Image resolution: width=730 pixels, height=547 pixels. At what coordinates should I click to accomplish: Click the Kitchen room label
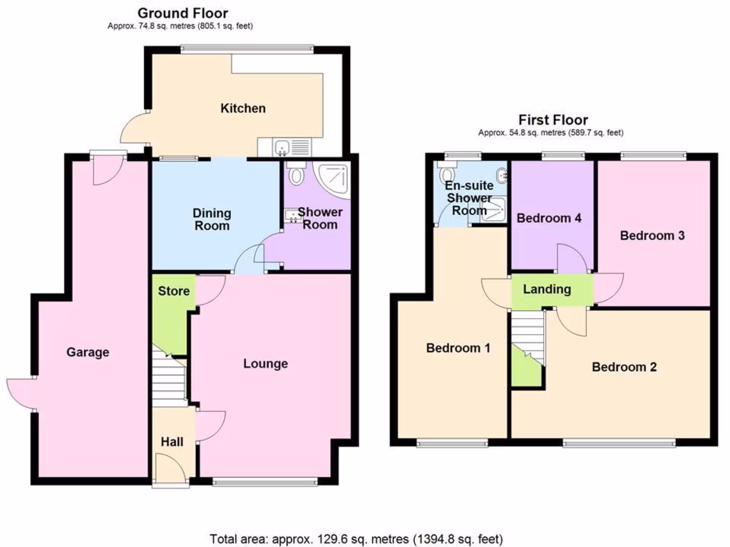coord(242,108)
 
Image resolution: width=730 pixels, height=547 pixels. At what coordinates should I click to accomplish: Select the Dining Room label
coord(212,219)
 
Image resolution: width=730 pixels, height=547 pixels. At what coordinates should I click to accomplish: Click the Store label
coord(173,291)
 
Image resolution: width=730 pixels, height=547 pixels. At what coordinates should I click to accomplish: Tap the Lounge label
coord(265,363)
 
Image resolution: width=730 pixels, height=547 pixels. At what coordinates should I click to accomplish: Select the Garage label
coord(88,352)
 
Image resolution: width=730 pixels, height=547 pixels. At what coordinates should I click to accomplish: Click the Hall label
coord(171,442)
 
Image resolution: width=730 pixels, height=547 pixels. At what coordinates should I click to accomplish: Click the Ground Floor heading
coord(182,13)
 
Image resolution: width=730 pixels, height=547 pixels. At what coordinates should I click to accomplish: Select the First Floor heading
coord(552,120)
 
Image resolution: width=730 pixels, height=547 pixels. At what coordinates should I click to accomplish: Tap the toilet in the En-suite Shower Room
coord(448,174)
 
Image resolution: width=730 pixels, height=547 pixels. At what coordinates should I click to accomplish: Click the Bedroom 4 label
coord(549,218)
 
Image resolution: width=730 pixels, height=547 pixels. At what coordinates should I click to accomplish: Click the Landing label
coord(547,289)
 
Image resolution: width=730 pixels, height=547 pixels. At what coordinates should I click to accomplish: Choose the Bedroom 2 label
coord(624,367)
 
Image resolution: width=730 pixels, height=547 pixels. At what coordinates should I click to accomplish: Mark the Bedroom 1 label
coord(458,348)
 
